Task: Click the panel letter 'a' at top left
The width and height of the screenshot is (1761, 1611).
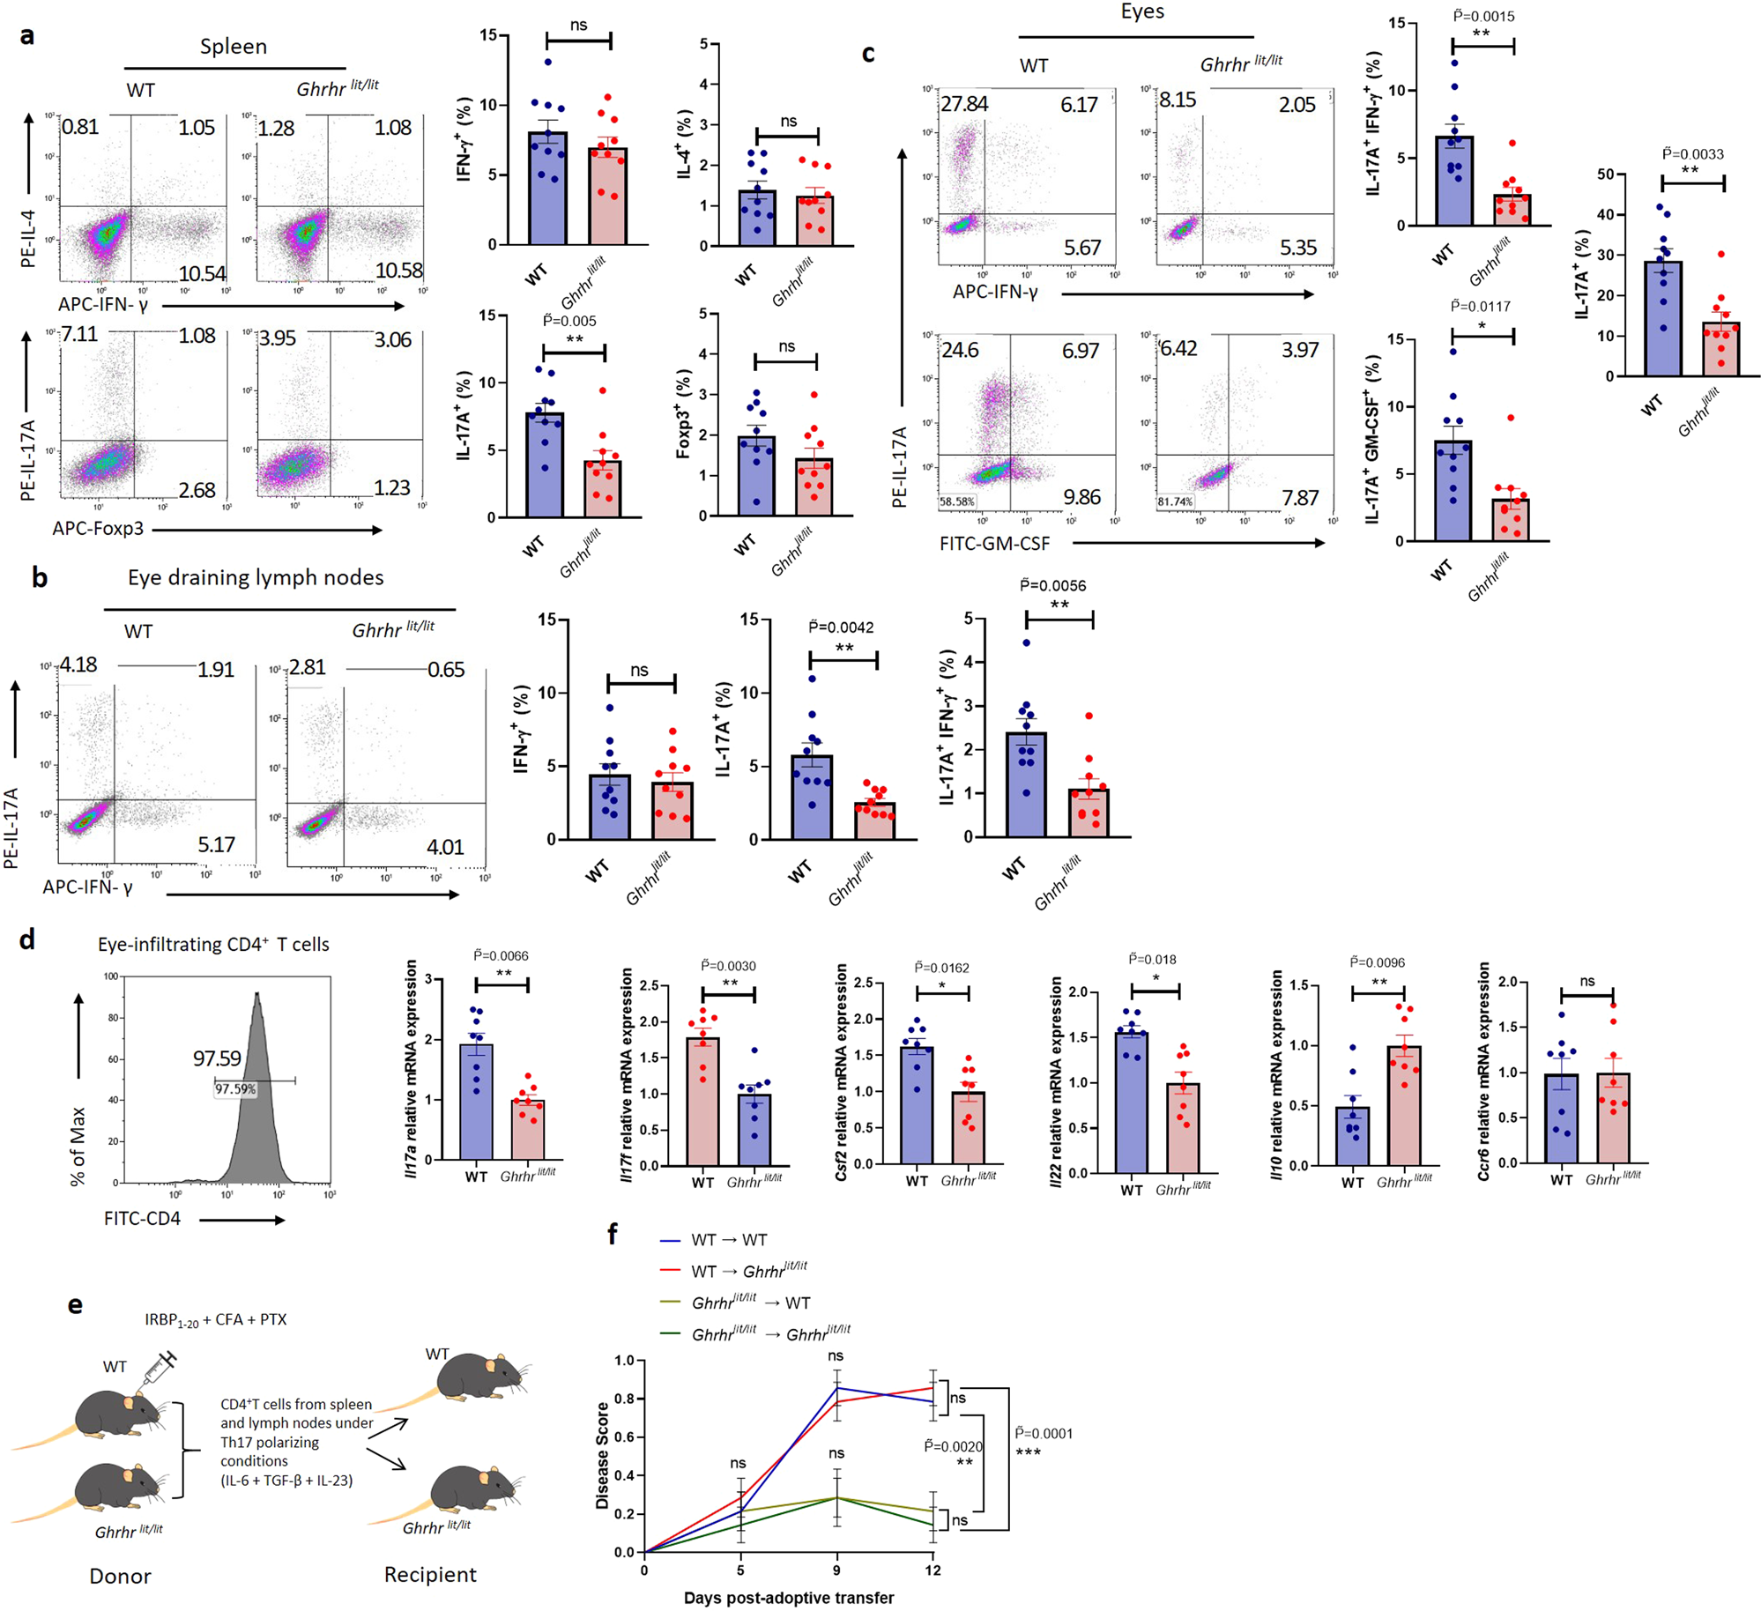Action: pyautogui.click(x=27, y=36)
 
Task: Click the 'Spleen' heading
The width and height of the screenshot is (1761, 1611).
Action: pyautogui.click(x=233, y=47)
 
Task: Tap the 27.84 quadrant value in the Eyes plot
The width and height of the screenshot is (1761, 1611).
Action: pyautogui.click(x=964, y=104)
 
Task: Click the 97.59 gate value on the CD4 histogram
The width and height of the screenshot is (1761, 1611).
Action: pyautogui.click(x=217, y=1058)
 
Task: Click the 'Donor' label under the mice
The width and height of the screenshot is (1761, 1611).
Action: pyautogui.click(x=120, y=1576)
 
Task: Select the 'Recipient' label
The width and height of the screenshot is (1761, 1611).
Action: pyautogui.click(x=430, y=1574)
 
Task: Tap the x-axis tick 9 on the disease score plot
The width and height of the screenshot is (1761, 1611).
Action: pyautogui.click(x=836, y=1570)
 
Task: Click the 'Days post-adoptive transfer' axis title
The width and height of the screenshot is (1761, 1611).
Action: pyautogui.click(x=788, y=1597)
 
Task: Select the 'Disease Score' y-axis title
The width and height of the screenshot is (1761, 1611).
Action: pyautogui.click(x=603, y=1455)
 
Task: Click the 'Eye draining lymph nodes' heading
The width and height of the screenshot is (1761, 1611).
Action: pyautogui.click(x=256, y=577)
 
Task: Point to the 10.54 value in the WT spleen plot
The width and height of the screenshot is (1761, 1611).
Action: pyautogui.click(x=202, y=274)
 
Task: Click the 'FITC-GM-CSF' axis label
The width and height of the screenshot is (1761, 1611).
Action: pyautogui.click(x=994, y=544)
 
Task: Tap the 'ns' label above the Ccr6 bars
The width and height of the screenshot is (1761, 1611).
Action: pyautogui.click(x=1586, y=981)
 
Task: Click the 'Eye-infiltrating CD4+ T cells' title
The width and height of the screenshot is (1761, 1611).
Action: pyautogui.click(x=213, y=944)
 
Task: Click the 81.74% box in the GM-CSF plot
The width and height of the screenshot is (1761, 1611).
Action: pyautogui.click(x=1175, y=501)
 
